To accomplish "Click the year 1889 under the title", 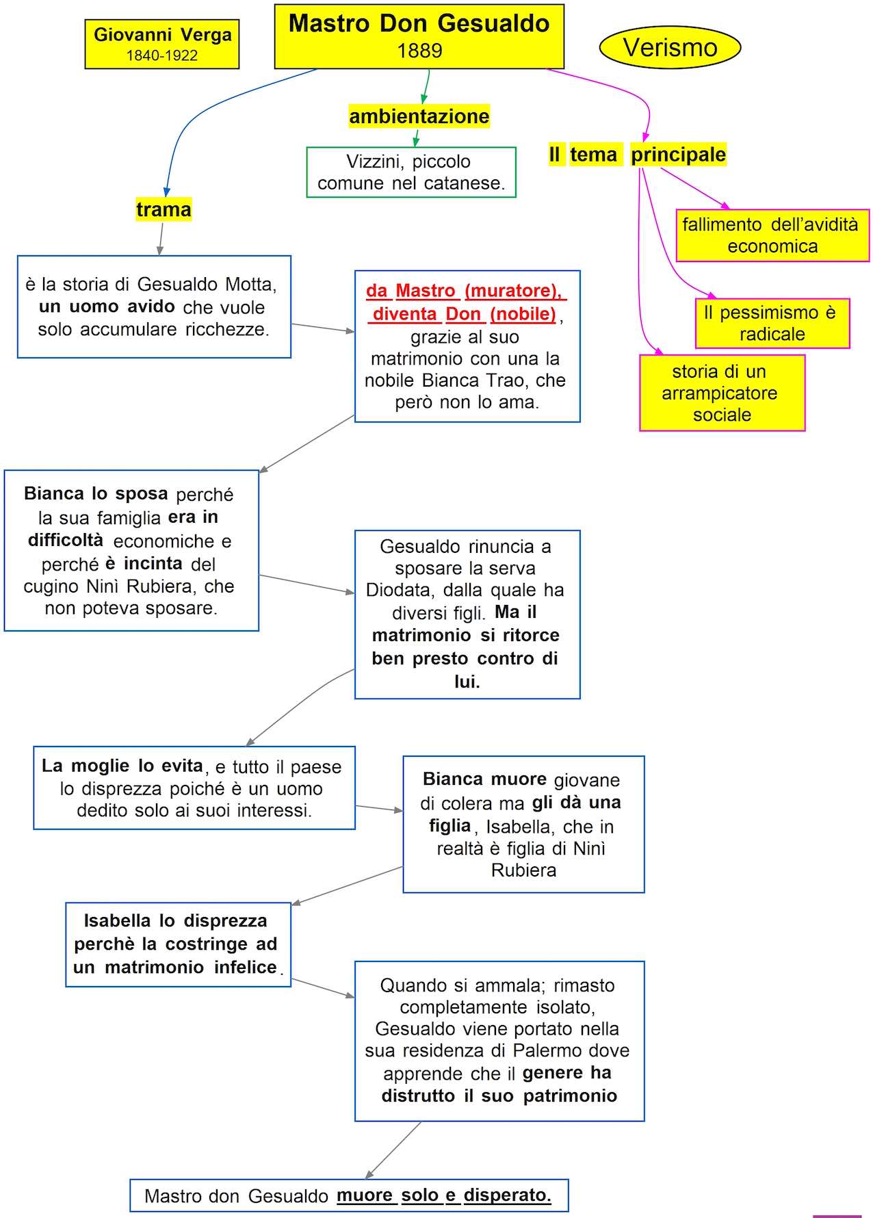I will pyautogui.click(x=419, y=51).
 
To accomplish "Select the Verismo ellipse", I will pyautogui.click(x=670, y=47).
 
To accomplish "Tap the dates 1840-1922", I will pyautogui.click(x=162, y=55).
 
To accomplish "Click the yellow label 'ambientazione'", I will pyautogui.click(x=419, y=116).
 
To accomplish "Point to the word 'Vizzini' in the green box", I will pyautogui.click(x=374, y=161).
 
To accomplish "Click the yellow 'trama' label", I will pyautogui.click(x=164, y=209).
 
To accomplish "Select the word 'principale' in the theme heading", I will pyautogui.click(x=678, y=155).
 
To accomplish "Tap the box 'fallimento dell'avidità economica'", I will pyautogui.click(x=772, y=235).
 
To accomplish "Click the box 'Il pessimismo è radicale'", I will pyautogui.click(x=772, y=323).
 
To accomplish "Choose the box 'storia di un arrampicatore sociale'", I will pyautogui.click(x=722, y=393).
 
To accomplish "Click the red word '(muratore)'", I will pyautogui.click(x=513, y=291).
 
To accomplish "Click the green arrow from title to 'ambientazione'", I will pyautogui.click(x=426, y=87).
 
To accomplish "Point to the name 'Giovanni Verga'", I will pyautogui.click(x=162, y=35).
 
